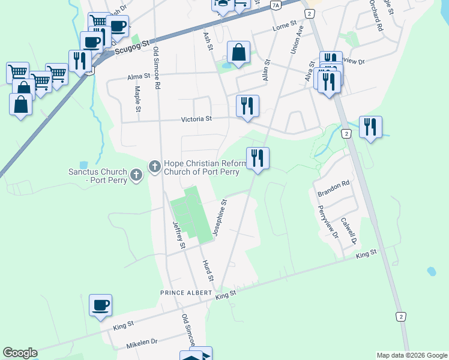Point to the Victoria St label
click(197, 119)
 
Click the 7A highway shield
click(276, 5)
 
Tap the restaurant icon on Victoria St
click(247, 106)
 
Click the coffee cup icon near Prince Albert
click(100, 305)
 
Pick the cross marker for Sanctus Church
click(137, 175)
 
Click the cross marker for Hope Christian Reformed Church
click(154, 165)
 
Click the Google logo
click(20, 353)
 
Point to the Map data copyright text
click(411, 355)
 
